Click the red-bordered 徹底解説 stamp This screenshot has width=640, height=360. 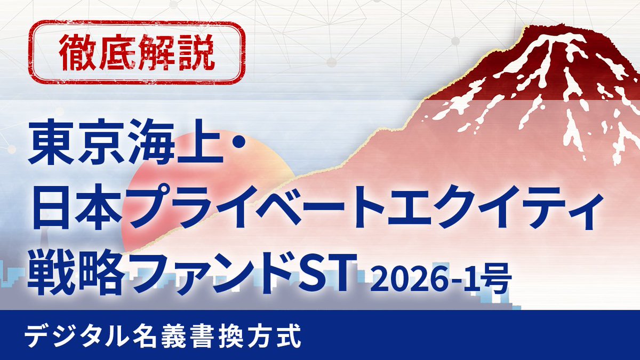click(x=138, y=53)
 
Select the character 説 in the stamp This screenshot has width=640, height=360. click(x=199, y=53)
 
